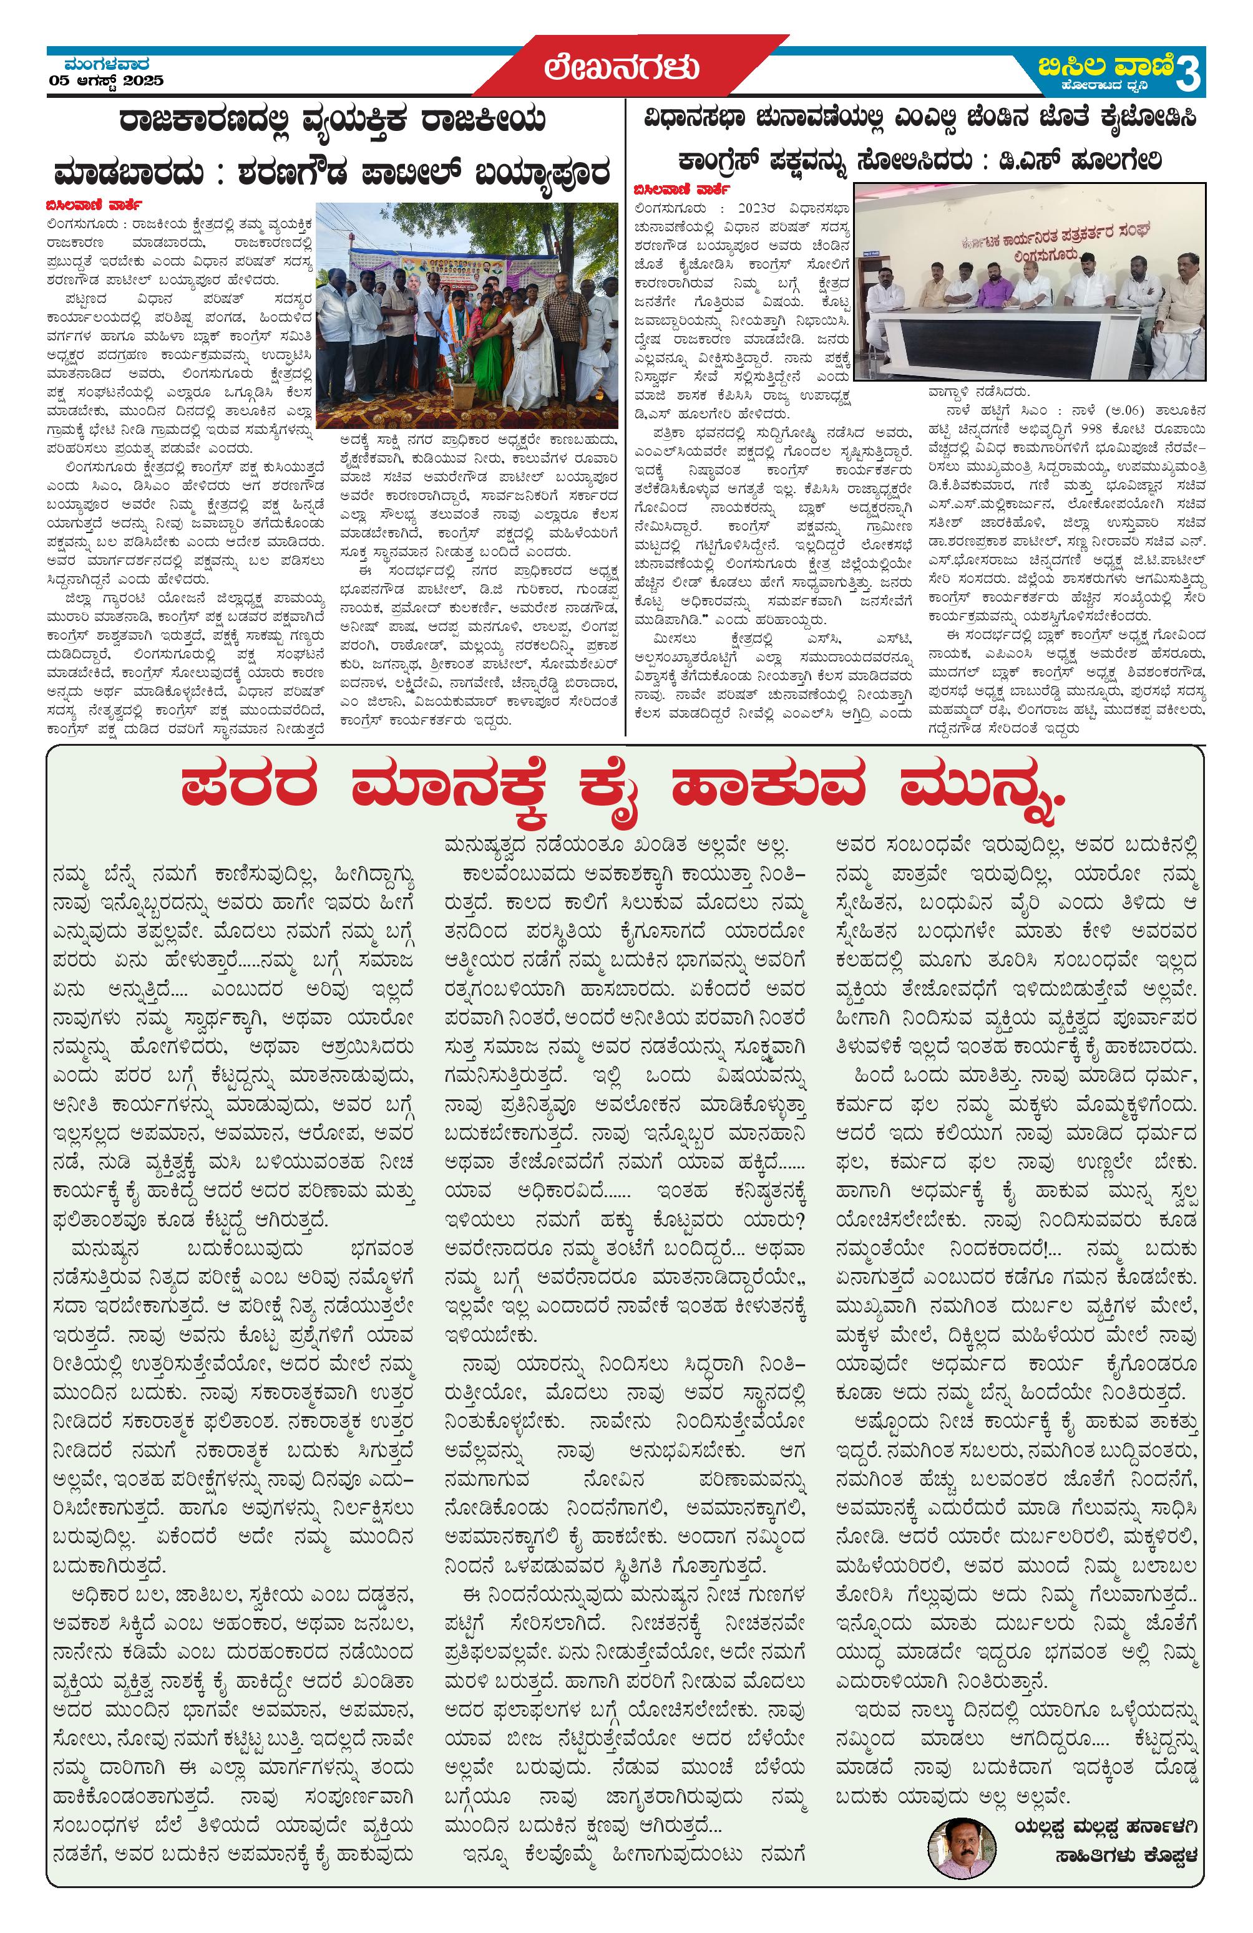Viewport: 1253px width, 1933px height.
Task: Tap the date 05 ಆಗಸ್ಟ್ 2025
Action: (105, 81)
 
